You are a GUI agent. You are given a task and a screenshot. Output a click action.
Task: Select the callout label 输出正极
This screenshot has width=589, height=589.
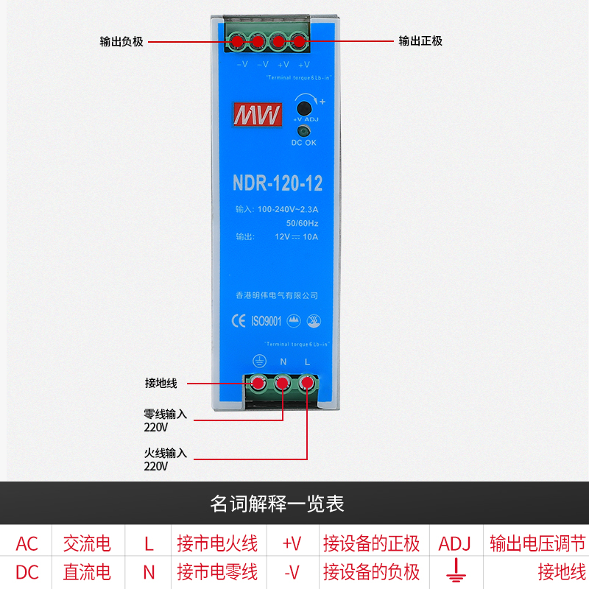tap(420, 41)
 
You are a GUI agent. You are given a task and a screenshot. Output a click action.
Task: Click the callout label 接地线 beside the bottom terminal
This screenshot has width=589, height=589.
tap(161, 383)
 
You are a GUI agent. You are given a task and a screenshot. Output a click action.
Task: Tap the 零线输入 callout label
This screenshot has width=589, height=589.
tap(166, 415)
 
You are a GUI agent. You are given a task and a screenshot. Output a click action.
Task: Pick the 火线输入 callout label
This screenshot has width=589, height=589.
tap(166, 454)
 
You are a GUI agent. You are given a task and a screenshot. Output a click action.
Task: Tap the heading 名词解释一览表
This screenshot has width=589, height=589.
tap(278, 504)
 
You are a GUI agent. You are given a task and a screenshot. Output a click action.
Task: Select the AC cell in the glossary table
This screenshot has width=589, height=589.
tap(27, 544)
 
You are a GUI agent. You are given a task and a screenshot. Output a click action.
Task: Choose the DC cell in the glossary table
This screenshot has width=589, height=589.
tap(27, 571)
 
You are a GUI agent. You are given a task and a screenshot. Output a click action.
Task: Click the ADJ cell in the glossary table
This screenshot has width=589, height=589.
tap(454, 544)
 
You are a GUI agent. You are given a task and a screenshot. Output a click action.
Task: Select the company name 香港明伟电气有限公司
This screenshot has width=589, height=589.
tap(277, 295)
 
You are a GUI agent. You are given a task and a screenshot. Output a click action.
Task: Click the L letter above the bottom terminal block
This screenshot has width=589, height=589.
tap(307, 361)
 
